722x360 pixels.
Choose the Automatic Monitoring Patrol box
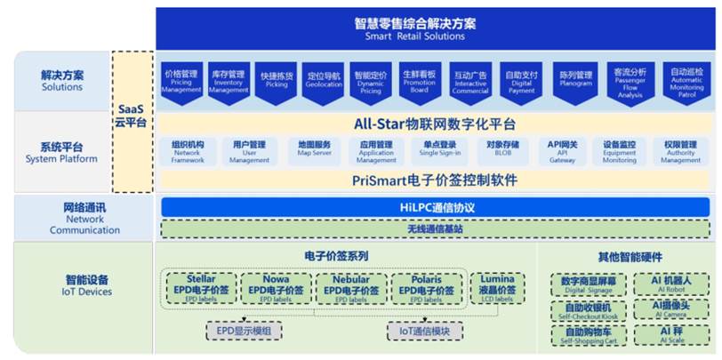click(x=686, y=83)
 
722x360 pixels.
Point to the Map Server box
click(x=314, y=151)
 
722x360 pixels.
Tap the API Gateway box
click(x=562, y=151)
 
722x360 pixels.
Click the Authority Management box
click(x=680, y=151)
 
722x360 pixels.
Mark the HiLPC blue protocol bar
click(x=435, y=207)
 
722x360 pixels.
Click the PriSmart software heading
click(x=435, y=180)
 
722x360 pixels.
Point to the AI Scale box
click(x=664, y=335)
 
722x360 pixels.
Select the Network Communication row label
click(x=84, y=219)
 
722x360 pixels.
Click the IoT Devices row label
click(x=84, y=284)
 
